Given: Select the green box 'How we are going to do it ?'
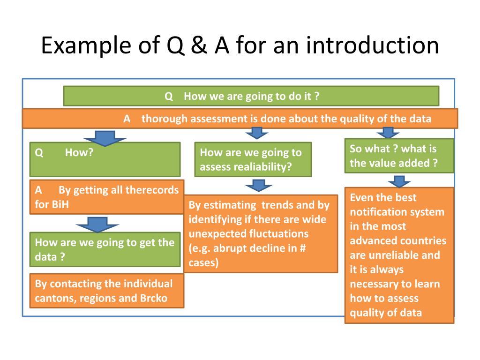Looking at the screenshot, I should tap(251, 96).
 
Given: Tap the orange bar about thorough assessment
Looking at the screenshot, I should tap(240, 119).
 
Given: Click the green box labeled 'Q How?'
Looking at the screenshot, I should tap(105, 159).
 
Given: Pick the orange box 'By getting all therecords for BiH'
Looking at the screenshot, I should tap(107, 197).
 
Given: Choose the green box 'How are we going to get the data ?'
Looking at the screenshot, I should tap(105, 249).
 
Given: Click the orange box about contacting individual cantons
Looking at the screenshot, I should tap(107, 291).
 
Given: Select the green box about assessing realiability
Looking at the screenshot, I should tap(254, 159).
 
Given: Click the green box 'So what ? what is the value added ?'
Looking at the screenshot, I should tap(399, 156).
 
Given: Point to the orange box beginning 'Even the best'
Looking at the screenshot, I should tap(399, 255).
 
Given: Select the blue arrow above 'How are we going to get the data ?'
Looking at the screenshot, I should tap(98, 224).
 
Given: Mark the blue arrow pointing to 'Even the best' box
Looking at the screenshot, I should tap(399, 181).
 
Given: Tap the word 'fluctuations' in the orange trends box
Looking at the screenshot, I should tap(279, 233).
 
